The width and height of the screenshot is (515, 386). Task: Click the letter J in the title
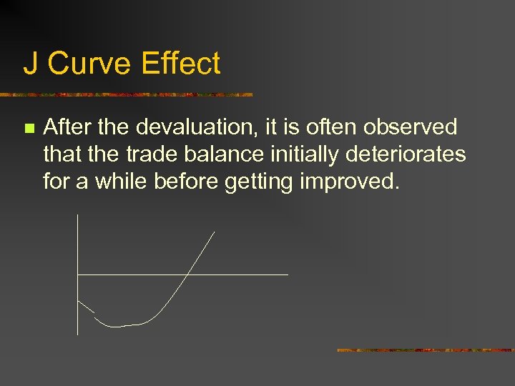click(x=31, y=64)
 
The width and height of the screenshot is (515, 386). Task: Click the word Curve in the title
click(x=89, y=64)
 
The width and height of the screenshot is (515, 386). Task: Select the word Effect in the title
click(x=181, y=64)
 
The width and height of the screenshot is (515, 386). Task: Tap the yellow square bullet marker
click(x=29, y=129)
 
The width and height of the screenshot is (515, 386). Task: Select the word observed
click(x=410, y=127)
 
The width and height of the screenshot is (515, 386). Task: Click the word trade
click(x=148, y=154)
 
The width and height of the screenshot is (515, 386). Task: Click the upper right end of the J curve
click(x=214, y=232)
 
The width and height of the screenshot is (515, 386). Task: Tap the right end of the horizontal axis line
click(x=288, y=274)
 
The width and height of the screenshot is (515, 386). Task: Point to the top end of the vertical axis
click(x=77, y=214)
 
